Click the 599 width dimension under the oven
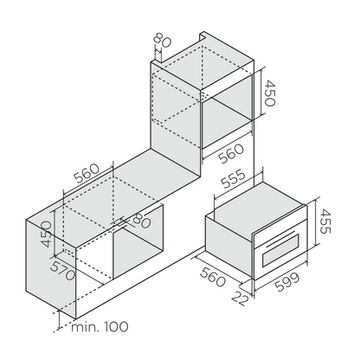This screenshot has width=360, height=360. [287, 282]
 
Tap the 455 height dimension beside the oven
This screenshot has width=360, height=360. [326, 222]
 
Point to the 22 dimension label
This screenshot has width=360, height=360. [240, 298]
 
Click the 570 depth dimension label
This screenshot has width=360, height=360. [62, 271]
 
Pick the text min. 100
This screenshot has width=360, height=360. [100, 327]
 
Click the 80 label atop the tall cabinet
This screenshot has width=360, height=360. [162, 41]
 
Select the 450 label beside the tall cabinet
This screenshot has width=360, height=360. [270, 93]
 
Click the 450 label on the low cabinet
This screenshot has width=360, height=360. [47, 235]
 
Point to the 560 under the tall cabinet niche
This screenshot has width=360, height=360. [231, 153]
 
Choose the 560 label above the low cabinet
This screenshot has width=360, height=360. [87, 174]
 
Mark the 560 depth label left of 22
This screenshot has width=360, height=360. [212, 277]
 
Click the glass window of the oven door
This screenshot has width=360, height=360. [280, 250]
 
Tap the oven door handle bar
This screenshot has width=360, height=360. [280, 237]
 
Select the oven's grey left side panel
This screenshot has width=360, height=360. [229, 247]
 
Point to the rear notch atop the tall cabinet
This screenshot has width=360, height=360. [203, 37]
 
